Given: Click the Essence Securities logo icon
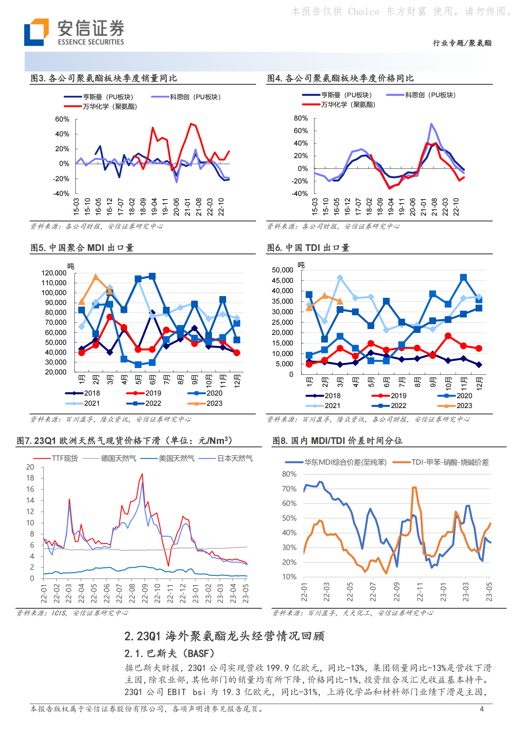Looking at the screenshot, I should [36, 32].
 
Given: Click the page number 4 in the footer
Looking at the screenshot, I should [482, 709].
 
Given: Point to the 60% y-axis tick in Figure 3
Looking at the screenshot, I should [62, 119].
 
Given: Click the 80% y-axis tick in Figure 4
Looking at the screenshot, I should [300, 118].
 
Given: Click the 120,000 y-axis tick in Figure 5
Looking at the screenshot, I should [54, 273].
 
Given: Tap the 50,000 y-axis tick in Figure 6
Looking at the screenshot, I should [282, 270].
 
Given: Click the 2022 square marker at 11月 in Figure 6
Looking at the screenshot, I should [463, 278].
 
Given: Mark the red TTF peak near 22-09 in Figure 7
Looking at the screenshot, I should [142, 474].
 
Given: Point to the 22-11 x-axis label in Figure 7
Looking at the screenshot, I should [170, 593].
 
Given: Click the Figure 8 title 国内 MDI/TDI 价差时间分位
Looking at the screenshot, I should [337, 441].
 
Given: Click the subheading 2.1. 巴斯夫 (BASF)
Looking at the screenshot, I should [169, 653].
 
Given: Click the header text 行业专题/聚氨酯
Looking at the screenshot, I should [462, 43].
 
